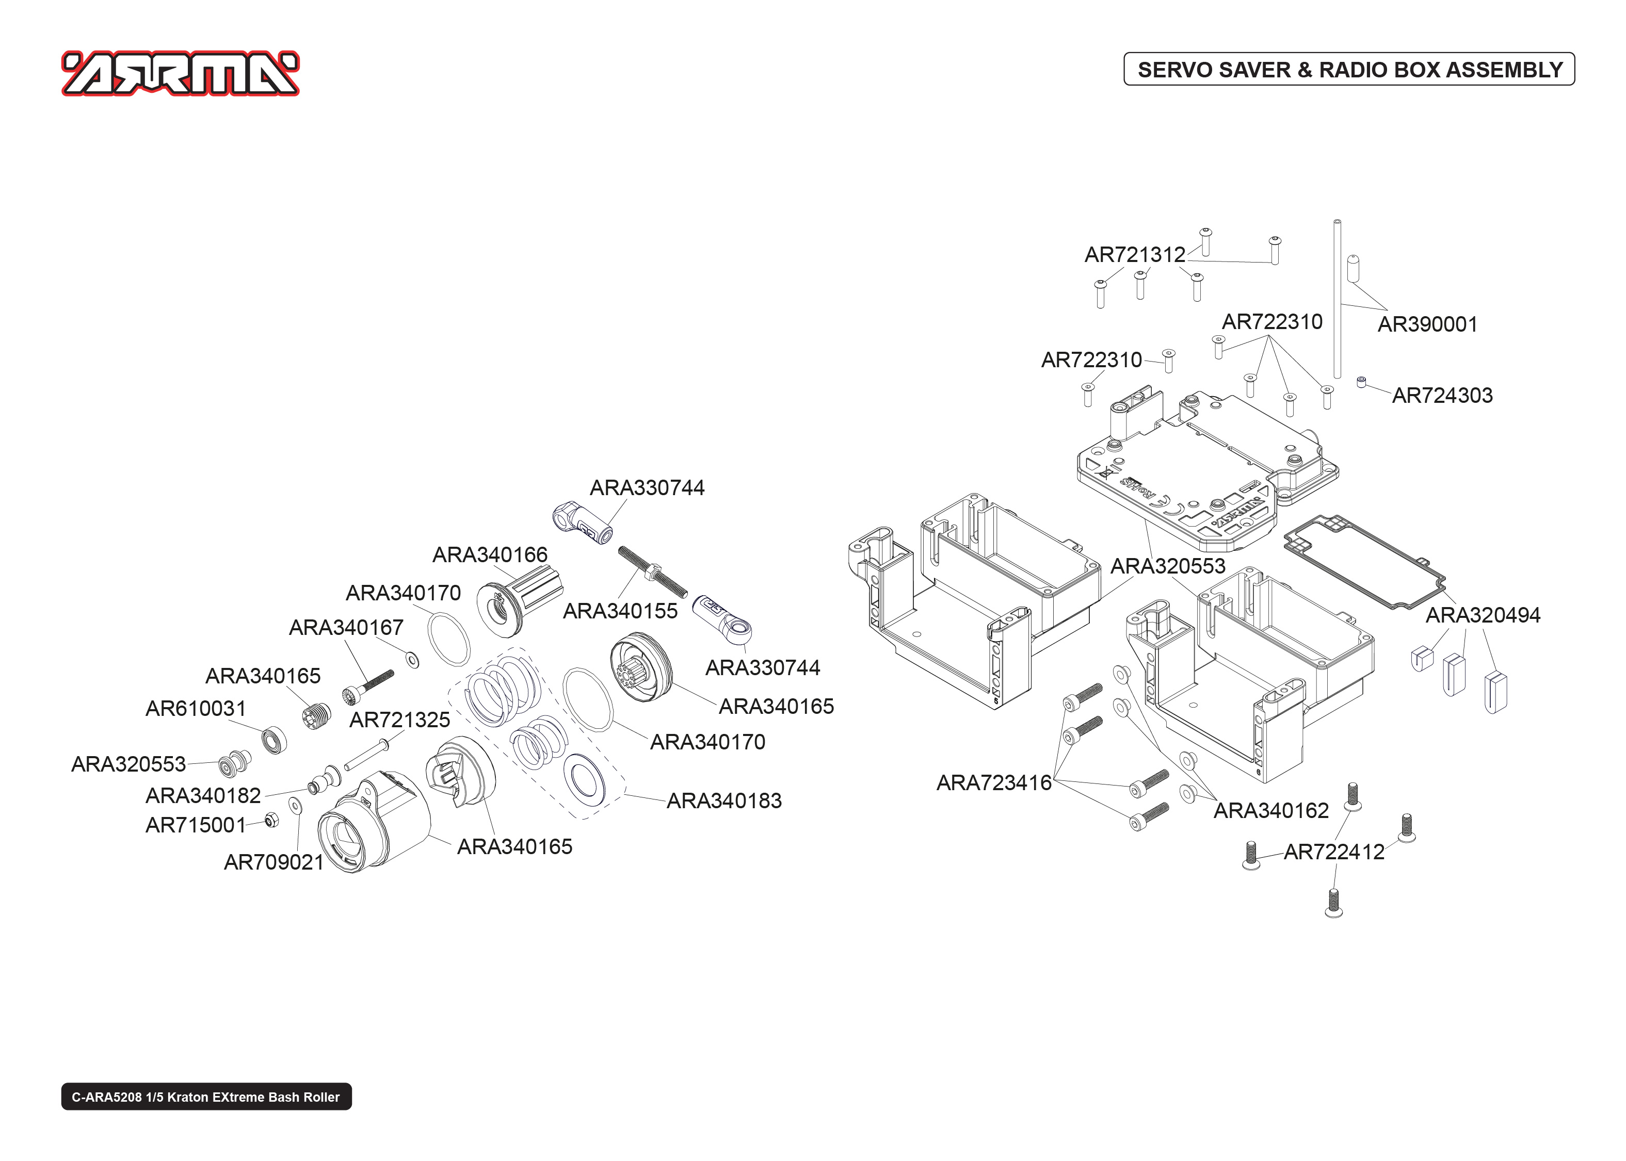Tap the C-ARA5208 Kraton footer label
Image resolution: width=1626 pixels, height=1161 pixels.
coord(206,1097)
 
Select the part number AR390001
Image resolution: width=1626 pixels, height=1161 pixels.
coord(1427,324)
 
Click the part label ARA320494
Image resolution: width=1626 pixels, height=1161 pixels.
coord(1482,615)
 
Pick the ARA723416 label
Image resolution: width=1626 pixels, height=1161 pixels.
coord(993,783)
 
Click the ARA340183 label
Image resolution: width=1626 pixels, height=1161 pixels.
coord(723,800)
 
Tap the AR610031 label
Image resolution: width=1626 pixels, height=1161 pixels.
coord(195,709)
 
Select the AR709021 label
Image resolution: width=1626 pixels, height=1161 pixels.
coord(274,862)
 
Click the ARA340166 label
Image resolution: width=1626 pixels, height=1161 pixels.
coord(490,555)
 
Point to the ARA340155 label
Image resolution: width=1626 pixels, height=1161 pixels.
coord(620,611)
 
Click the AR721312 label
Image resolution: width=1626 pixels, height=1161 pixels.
coord(1135,254)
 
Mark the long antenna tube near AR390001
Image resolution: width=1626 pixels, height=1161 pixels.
coord(1337,300)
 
